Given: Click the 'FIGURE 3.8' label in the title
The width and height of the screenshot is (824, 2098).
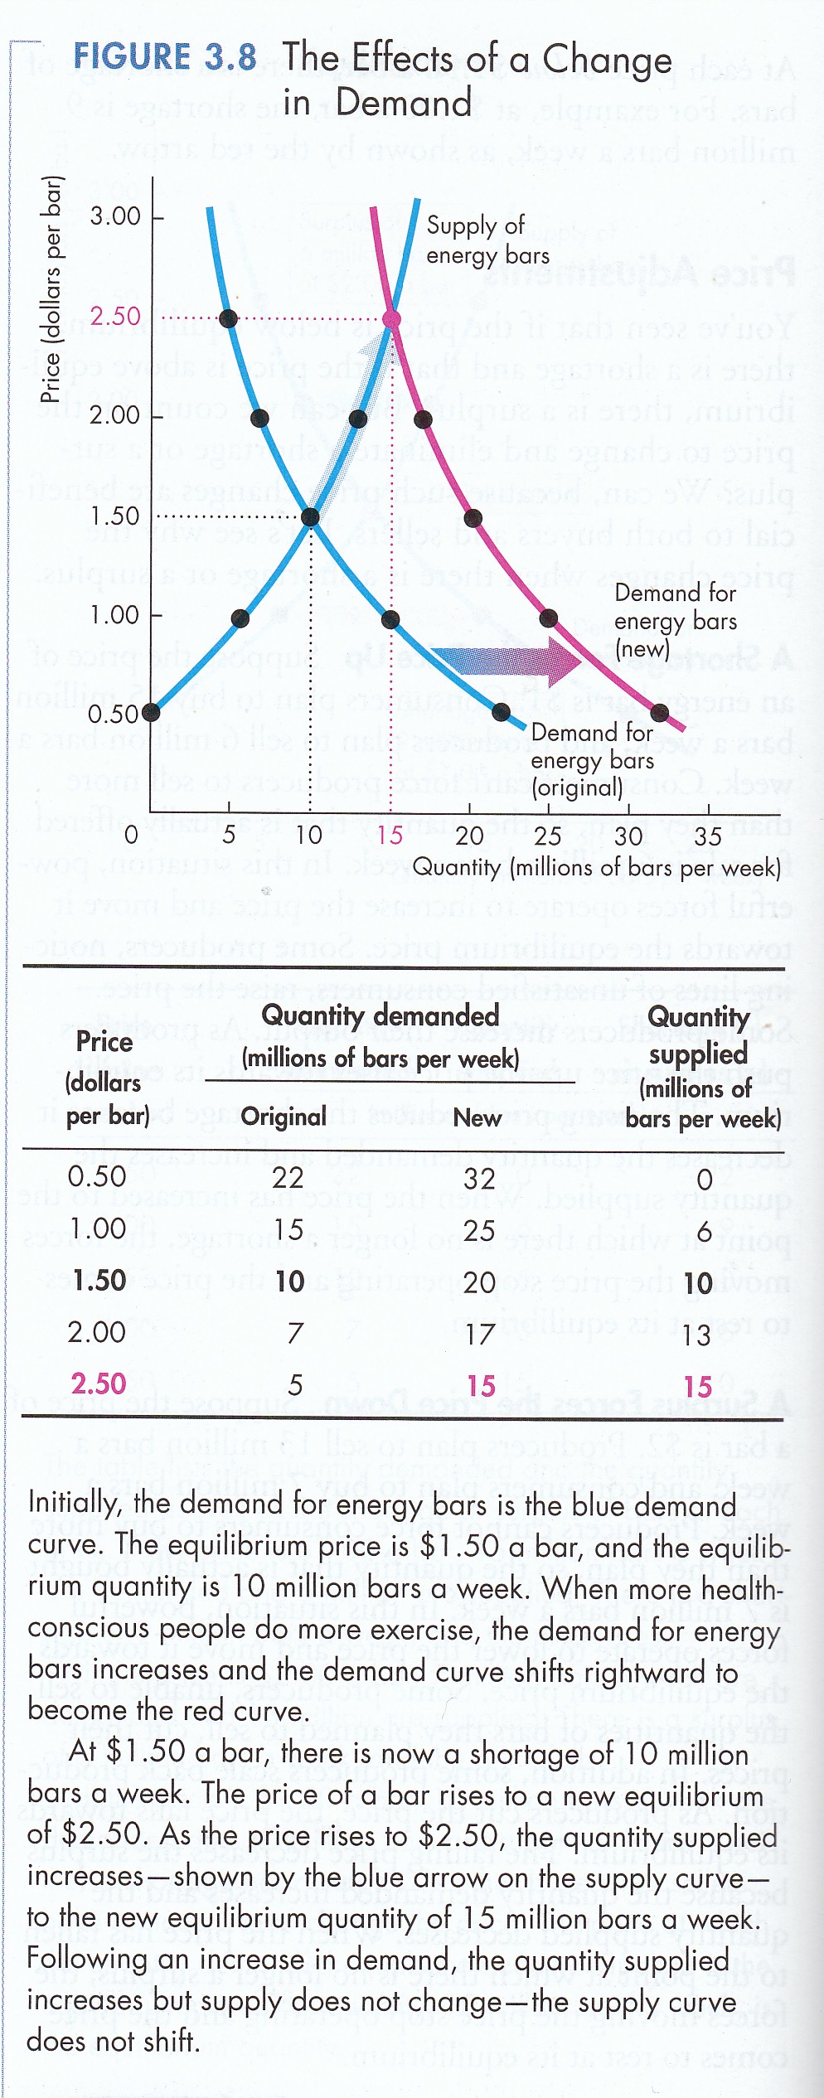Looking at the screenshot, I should click(x=164, y=57).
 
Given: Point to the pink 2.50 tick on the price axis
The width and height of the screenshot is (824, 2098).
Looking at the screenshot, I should click(x=115, y=317).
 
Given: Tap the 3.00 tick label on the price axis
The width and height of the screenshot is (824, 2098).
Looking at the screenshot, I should click(x=115, y=217).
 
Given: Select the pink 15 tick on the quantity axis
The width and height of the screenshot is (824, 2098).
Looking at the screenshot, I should click(x=390, y=835).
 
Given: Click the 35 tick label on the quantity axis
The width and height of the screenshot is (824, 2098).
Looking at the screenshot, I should click(x=707, y=836).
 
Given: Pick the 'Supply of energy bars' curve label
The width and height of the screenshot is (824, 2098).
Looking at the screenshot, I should click(x=487, y=240).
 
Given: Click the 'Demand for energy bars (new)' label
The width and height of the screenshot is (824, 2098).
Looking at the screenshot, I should click(x=675, y=621).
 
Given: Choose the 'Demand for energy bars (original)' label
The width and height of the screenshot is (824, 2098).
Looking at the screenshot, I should click(x=592, y=760).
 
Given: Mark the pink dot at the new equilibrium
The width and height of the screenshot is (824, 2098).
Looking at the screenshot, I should click(x=391, y=319).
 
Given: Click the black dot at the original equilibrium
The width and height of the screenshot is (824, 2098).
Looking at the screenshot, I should click(x=310, y=517).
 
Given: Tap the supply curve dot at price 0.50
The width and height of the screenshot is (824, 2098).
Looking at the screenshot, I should click(x=151, y=712).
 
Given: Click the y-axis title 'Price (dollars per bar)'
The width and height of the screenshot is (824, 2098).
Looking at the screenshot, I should click(x=52, y=290).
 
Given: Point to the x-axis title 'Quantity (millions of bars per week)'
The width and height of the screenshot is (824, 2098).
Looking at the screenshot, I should click(x=597, y=868).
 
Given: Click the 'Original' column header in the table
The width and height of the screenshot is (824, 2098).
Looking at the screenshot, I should click(x=284, y=1117).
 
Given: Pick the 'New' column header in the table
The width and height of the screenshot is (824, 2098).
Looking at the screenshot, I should click(x=477, y=1117).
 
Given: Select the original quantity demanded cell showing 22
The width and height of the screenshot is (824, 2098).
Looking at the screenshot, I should click(x=288, y=1178).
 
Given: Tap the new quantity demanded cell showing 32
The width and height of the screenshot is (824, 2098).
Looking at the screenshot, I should click(x=479, y=1179).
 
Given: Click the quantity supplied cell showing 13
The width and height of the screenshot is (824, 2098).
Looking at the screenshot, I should click(x=696, y=1335).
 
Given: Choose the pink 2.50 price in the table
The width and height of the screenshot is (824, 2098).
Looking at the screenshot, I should click(x=99, y=1383).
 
